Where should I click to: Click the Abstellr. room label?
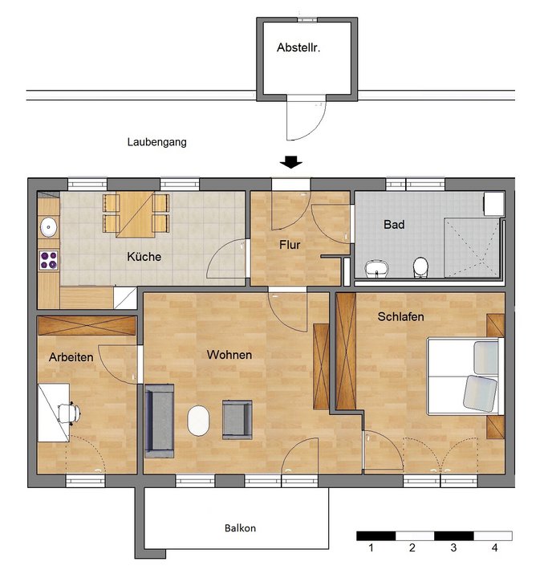tap(298, 48)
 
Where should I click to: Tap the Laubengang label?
tap(156, 142)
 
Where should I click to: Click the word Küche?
tap(144, 258)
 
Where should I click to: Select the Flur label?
tap(290, 245)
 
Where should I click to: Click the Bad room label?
tap(393, 225)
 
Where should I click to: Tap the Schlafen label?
tap(400, 316)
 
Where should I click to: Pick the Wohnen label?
tap(229, 354)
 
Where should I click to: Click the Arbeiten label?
tap(71, 356)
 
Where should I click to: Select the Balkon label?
tap(240, 528)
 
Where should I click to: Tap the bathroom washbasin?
tap(375, 267)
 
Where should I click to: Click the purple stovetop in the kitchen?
tap(49, 259)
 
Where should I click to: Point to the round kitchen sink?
tap(48, 226)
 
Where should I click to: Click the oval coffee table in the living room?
tap(197, 421)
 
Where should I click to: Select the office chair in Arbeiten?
tap(70, 412)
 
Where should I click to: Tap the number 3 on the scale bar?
tap(453, 548)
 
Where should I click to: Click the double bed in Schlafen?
tap(464, 376)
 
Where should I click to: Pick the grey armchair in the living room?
tap(237, 419)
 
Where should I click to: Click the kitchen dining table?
tap(136, 214)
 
